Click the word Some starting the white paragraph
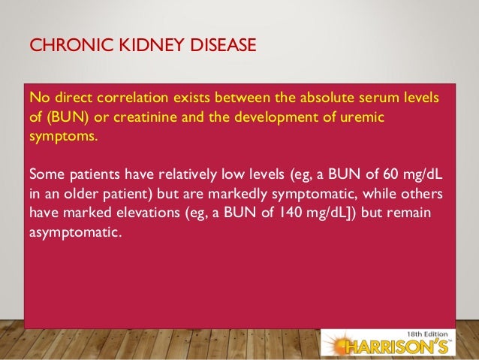[x=47, y=174]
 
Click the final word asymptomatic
[x=74, y=233]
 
